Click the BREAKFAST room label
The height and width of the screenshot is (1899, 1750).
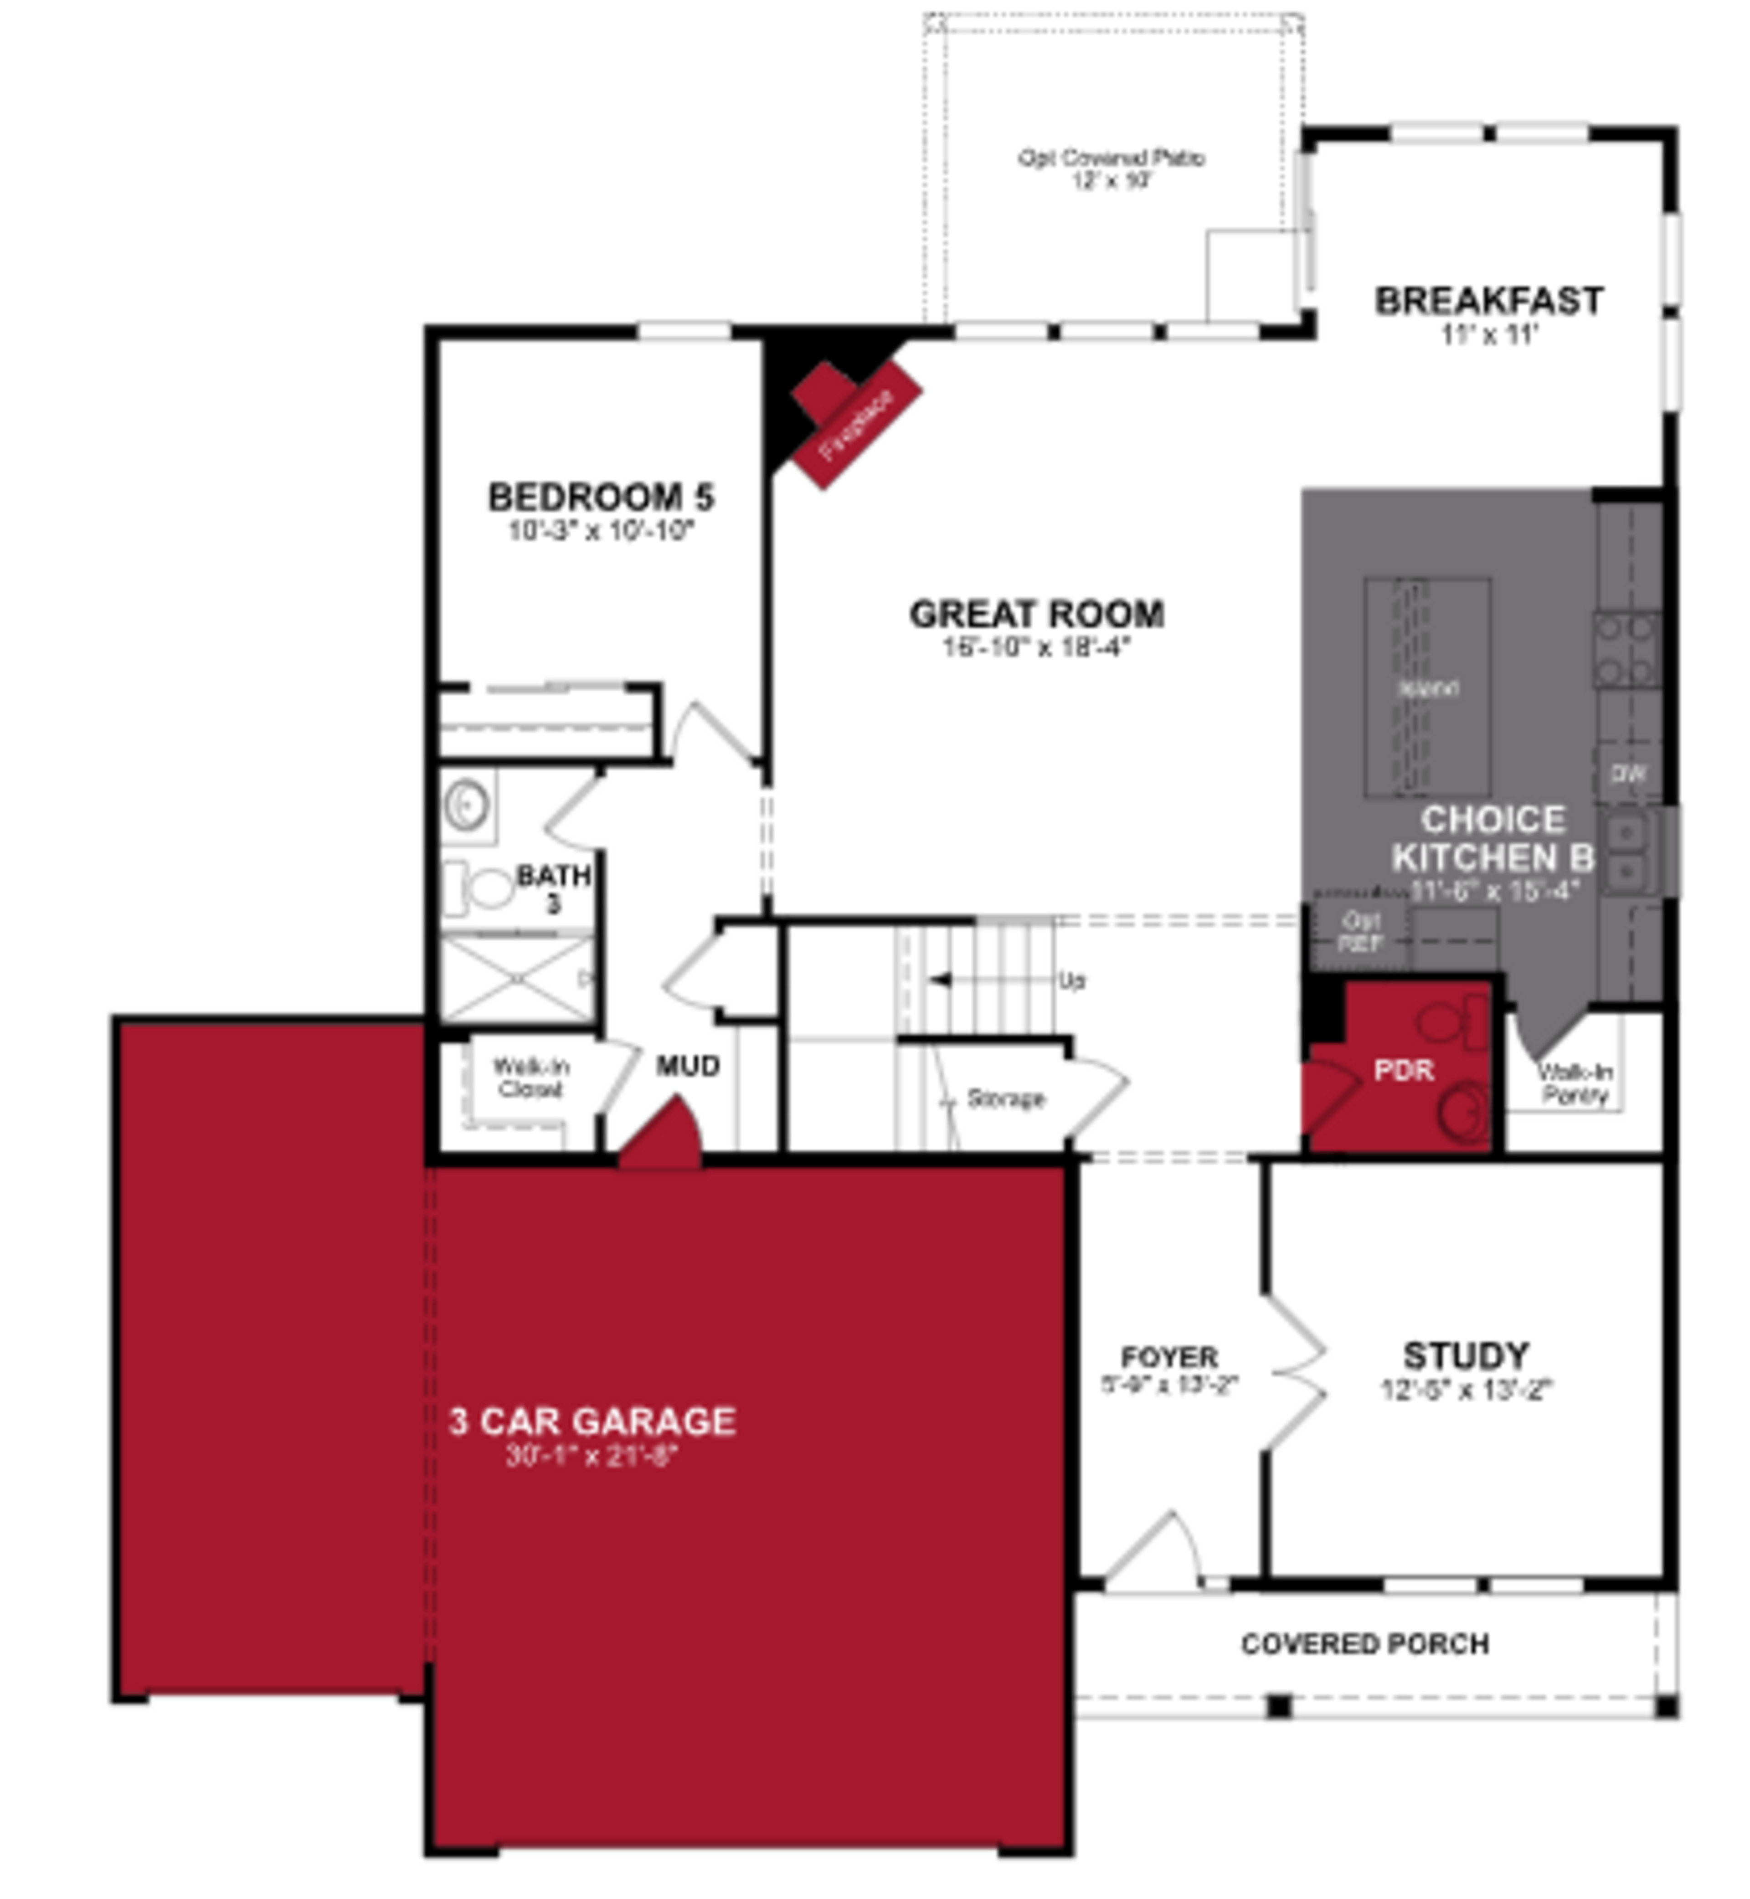pos(1488,301)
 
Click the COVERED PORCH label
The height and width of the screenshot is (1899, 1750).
pos(1364,1643)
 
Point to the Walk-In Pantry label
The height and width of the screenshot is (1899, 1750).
pos(1574,1083)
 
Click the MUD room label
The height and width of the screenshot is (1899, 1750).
pos(689,1066)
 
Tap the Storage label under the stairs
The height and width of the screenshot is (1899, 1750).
pos(1006,1098)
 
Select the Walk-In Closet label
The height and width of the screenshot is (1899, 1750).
pos(530,1077)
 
